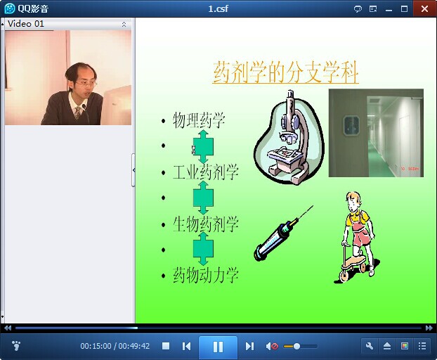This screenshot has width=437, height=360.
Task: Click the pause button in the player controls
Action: click(x=218, y=347)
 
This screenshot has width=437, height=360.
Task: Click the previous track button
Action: click(x=186, y=347)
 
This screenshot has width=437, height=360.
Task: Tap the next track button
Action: click(x=249, y=347)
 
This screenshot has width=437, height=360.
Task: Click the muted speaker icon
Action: click(x=272, y=347)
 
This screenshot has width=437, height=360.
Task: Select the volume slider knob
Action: click(x=296, y=347)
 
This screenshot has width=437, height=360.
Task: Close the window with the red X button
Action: click(x=424, y=9)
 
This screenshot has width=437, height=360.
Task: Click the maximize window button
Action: click(x=404, y=9)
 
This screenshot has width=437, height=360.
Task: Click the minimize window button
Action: click(x=389, y=10)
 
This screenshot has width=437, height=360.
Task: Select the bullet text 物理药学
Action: click(x=199, y=120)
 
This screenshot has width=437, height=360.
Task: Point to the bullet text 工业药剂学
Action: click(x=206, y=172)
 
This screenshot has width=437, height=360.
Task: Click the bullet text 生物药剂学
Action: click(x=206, y=224)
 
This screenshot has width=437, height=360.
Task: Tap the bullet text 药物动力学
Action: click(x=206, y=275)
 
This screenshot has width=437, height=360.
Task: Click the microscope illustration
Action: click(x=289, y=137)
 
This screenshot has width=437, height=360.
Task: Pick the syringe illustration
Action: click(x=282, y=233)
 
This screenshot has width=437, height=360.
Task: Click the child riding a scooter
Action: click(x=357, y=237)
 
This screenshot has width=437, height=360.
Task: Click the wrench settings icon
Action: click(x=370, y=347)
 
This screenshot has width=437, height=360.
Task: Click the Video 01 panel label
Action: click(x=26, y=24)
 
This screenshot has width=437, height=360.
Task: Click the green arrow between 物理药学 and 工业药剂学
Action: click(x=203, y=146)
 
